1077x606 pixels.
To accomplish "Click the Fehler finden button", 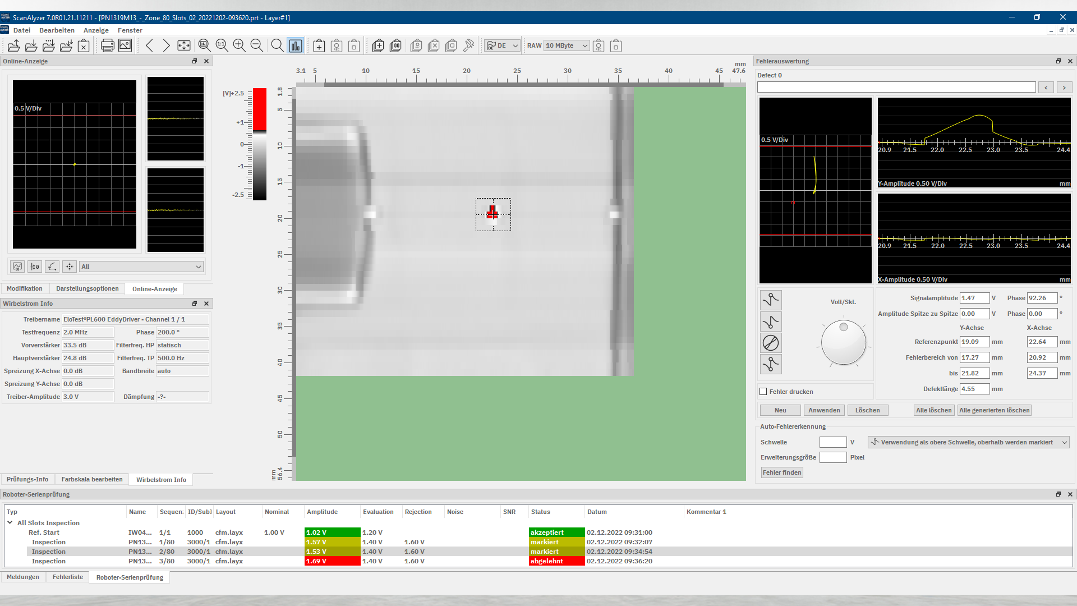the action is point(782,472).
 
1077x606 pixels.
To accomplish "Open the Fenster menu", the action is point(130,30).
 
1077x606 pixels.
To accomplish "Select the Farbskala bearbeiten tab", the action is point(92,479).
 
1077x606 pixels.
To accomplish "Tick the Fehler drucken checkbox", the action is point(763,392).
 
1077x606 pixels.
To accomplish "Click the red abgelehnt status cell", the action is point(556,561).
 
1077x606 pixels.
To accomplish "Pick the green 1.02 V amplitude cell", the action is point(332,532).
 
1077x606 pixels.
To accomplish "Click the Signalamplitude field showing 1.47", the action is point(974,298).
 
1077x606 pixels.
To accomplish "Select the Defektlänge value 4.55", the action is point(974,389).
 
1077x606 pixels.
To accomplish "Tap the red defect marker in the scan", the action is point(493,213).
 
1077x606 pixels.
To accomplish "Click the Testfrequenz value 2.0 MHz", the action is point(88,332).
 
